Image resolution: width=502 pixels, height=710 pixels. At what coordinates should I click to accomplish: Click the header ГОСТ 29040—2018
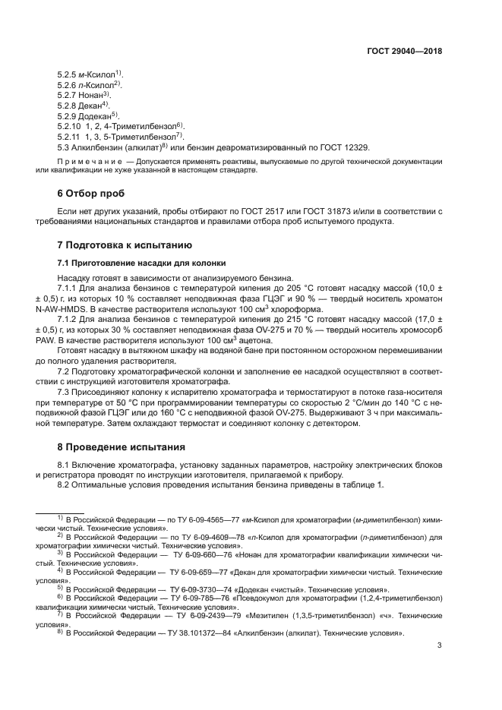(x=404, y=52)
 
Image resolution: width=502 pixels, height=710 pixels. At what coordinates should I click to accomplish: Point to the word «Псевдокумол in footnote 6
(x=269, y=598)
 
